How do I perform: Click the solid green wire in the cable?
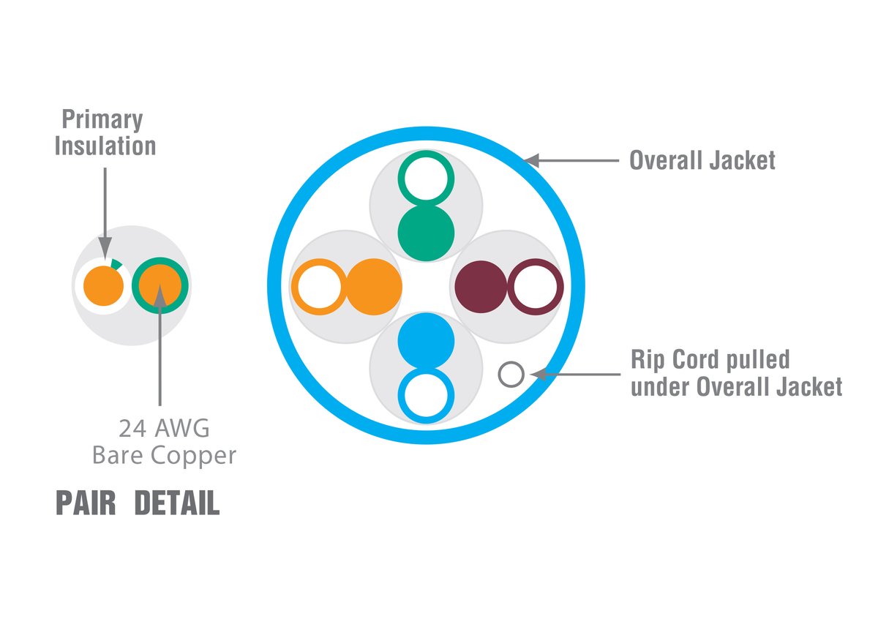tap(427, 233)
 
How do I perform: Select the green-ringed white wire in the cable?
tap(427, 178)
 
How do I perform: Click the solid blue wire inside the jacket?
tap(427, 341)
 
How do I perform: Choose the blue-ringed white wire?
tap(427, 395)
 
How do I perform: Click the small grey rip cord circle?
tap(511, 375)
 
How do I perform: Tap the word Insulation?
tap(105, 146)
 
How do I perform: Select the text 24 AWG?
tap(160, 427)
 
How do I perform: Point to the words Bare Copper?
tap(164, 455)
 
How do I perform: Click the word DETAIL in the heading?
tap(176, 504)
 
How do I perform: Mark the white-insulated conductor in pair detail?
tap(103, 285)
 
